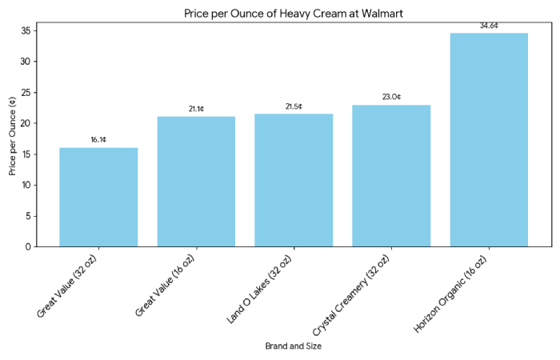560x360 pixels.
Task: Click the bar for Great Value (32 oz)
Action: [98, 197]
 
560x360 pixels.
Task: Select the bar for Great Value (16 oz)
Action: [196, 182]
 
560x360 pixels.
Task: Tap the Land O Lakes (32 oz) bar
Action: [294, 180]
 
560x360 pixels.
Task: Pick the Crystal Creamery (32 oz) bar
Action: [391, 175]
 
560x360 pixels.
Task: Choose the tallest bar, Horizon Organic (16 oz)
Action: [489, 140]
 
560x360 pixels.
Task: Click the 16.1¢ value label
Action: [98, 140]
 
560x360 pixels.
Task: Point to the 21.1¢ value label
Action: [196, 109]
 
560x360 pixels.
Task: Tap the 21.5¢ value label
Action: [294, 106]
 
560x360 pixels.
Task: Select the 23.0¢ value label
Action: [391, 97]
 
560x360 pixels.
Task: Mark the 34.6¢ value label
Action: [489, 26]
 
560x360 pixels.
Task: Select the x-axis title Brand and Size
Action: [294, 346]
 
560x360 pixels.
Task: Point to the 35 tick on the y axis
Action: [26, 31]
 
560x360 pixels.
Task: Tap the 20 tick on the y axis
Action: [26, 123]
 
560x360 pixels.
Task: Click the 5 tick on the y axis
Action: [28, 216]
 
